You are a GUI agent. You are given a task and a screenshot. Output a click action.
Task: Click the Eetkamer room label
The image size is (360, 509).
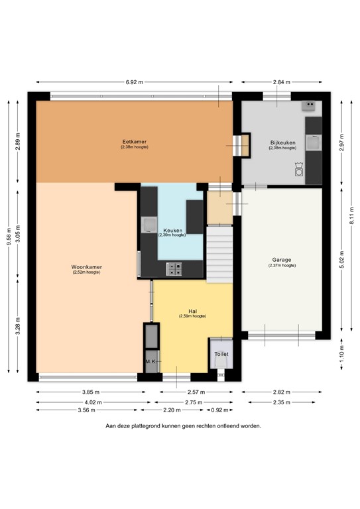tap(134, 141)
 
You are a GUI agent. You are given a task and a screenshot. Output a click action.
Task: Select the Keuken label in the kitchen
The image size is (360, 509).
tap(171, 231)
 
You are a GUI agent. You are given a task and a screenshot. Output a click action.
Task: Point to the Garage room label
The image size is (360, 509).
tap(282, 260)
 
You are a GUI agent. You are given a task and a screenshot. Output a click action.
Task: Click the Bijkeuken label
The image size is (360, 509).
tap(282, 143)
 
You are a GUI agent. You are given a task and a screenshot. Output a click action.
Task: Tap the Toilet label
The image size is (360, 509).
tap(221, 355)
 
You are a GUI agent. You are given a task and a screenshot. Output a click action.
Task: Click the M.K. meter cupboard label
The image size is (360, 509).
tap(151, 361)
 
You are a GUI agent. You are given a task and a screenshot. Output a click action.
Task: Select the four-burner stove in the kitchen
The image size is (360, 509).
tap(176, 268)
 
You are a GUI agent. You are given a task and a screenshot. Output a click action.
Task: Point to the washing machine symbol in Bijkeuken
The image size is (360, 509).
tap(300, 171)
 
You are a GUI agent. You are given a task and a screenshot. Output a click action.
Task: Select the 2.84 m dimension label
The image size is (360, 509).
tap(282, 82)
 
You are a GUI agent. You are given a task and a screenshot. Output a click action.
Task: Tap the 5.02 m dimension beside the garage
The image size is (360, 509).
tap(343, 260)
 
